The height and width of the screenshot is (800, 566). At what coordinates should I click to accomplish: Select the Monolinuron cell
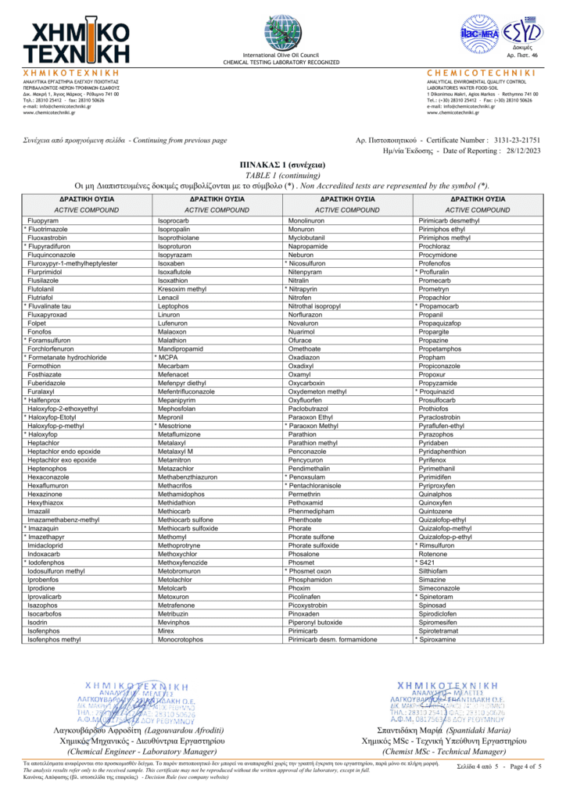tap(306, 222)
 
